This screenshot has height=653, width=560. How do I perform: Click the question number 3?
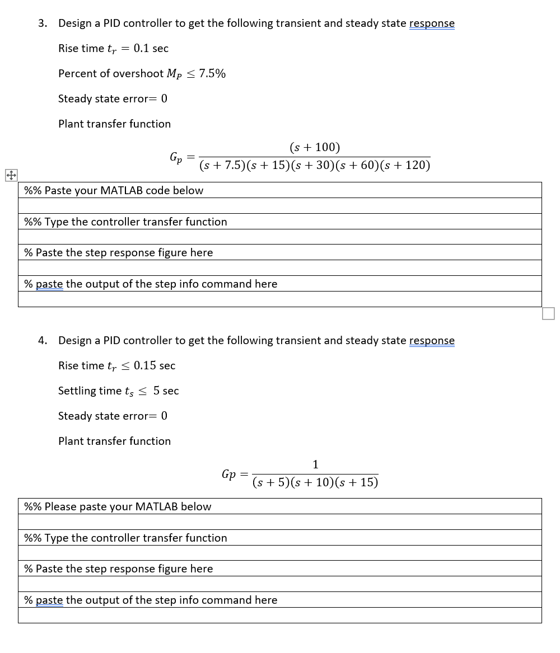point(42,24)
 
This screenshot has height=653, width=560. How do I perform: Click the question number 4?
point(42,341)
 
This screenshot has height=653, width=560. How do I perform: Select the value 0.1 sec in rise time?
point(151,49)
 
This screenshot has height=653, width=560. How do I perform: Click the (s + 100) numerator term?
point(315,148)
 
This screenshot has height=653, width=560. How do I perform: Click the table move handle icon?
point(10,175)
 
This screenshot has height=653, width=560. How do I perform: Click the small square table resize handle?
point(548,313)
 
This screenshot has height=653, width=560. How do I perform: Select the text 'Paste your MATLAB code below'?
point(123,191)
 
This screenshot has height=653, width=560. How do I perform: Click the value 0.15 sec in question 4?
point(154,366)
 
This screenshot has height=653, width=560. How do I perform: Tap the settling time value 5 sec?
point(166,391)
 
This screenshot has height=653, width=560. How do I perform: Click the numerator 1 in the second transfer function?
point(315,464)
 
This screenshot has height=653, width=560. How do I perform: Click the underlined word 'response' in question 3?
point(432,24)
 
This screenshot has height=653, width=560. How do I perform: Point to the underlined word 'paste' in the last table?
point(49,600)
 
